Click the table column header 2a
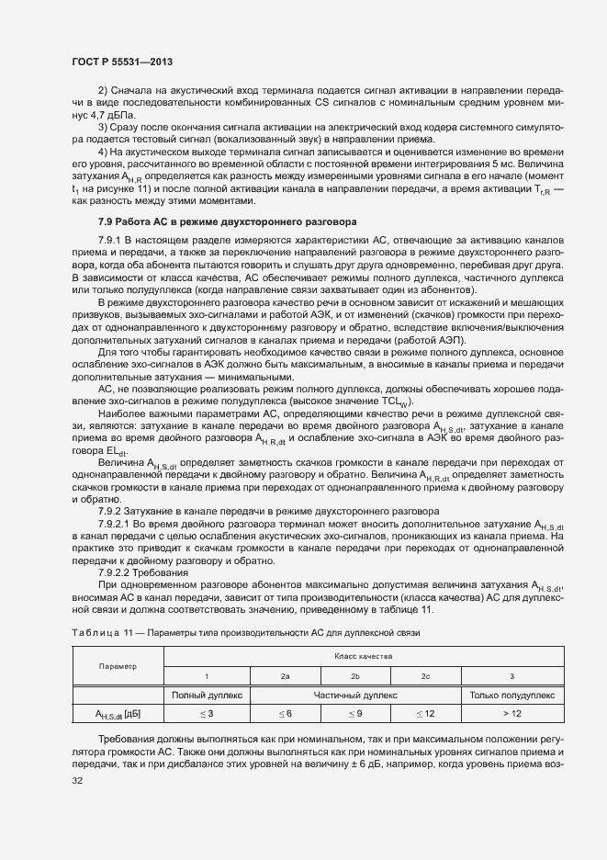pyautogui.click(x=286, y=676)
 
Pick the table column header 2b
pyautogui.click(x=355, y=676)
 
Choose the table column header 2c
pyautogui.click(x=425, y=676)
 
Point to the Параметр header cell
pyautogui.click(x=118, y=666)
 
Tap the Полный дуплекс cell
pyautogui.click(x=207, y=696)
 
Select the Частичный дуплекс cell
pyautogui.click(x=355, y=696)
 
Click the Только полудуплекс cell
pyautogui.click(x=511, y=696)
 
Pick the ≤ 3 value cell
pyautogui.click(x=207, y=714)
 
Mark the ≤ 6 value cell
pyautogui.click(x=286, y=714)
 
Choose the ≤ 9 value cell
pyautogui.click(x=355, y=714)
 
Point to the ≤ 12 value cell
pyautogui.click(x=425, y=714)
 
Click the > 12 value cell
pyautogui.click(x=511, y=714)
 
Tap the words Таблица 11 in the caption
pyautogui.click(x=96, y=633)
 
